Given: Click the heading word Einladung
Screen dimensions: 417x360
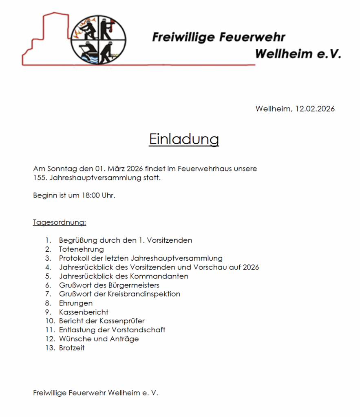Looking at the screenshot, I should tap(184, 139).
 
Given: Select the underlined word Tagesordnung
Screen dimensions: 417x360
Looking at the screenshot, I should tap(60, 222).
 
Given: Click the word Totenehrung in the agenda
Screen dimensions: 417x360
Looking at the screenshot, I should tap(82, 249).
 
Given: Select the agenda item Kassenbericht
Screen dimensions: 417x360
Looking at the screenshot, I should tap(84, 312).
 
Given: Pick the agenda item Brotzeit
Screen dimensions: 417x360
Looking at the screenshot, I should tap(72, 348).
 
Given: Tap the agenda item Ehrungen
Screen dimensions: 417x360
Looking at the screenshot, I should tap(76, 303).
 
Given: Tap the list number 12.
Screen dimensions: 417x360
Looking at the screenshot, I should tap(50, 339).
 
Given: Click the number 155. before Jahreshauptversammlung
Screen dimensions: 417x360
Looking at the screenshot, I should tap(40, 178).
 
